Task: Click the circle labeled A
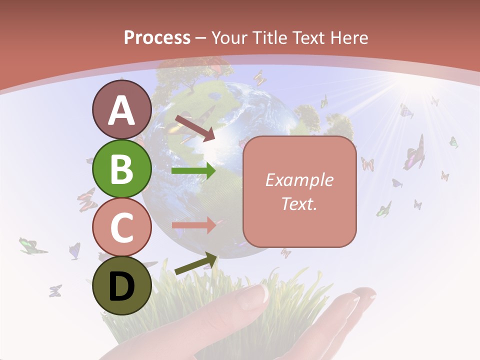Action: coord(121,109)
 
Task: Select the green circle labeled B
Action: coord(121,168)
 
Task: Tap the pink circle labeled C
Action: coord(121,227)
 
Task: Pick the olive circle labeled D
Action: coord(121,285)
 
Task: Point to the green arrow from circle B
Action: coord(193,171)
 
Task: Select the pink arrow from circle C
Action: coord(193,225)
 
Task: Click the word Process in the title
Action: coord(157,37)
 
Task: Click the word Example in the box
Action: coord(299,180)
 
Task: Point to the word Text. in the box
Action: coord(299,204)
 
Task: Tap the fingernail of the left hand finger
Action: coord(254,297)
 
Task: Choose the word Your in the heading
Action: coord(229,37)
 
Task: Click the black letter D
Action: coord(121,286)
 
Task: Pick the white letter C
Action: coord(121,227)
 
